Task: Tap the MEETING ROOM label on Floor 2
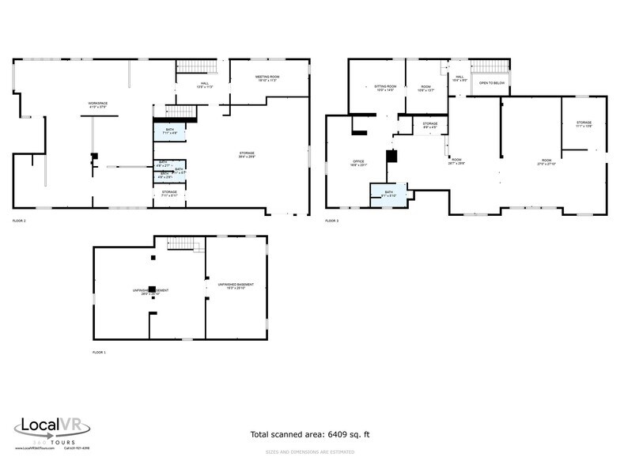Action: (x=268, y=78)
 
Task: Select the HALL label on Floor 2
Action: (x=203, y=84)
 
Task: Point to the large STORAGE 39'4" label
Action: (x=248, y=156)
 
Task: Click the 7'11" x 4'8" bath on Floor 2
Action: (x=169, y=131)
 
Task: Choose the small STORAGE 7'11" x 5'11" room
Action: (x=169, y=194)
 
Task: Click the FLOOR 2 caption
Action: (x=19, y=221)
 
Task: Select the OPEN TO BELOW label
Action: (x=492, y=83)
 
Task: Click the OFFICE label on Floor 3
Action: (x=357, y=163)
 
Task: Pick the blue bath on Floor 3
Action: (x=388, y=195)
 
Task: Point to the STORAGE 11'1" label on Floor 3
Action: (x=584, y=124)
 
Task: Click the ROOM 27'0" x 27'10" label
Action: (x=546, y=162)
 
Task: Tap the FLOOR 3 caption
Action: (x=332, y=221)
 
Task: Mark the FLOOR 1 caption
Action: (x=99, y=352)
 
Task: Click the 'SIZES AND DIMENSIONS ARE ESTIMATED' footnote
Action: (x=309, y=452)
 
